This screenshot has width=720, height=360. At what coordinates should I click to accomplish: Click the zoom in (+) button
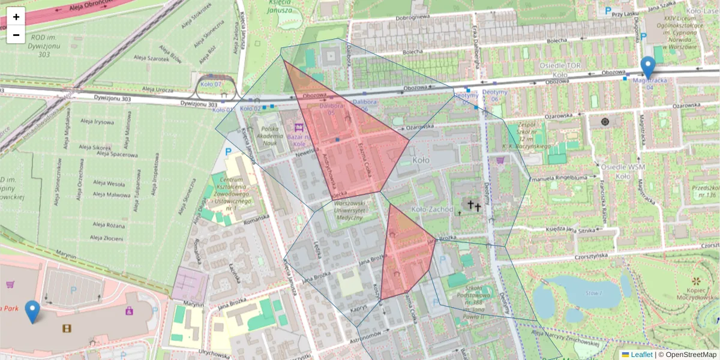[x=16, y=17]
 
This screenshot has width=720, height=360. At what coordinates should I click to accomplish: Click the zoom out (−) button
[x=16, y=35]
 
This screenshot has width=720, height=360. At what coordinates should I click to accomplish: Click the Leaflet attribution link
[x=641, y=355]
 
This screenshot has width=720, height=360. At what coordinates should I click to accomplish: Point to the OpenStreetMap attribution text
[x=689, y=355]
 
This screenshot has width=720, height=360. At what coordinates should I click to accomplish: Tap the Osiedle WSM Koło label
[x=623, y=171]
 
